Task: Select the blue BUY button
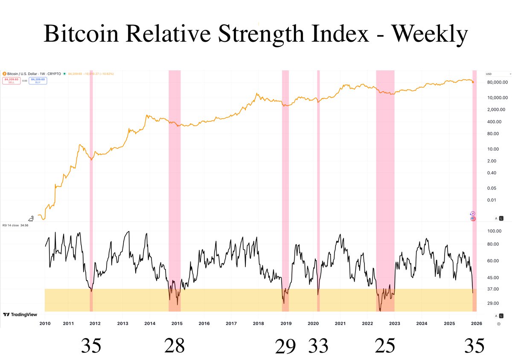point(38,81)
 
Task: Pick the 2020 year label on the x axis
point(313,324)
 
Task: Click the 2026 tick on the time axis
point(476,324)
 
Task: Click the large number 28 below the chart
point(175,346)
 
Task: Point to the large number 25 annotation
point(385,346)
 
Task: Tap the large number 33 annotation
point(318,346)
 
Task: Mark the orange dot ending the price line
point(473,82)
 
